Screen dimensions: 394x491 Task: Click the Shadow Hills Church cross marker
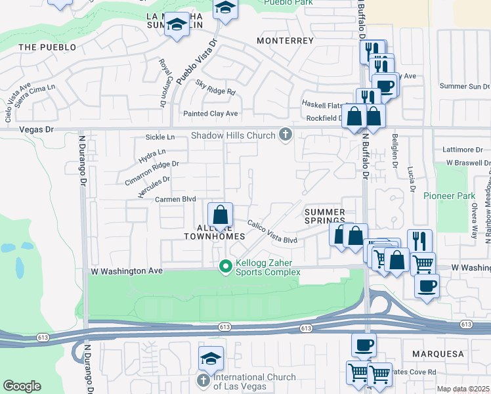285,134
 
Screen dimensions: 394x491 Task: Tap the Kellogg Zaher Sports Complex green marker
225,266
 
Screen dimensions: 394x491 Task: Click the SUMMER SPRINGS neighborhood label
324,217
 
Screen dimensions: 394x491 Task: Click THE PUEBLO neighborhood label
47,47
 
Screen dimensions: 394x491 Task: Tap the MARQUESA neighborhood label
438,354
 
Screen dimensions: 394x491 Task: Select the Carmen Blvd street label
176,199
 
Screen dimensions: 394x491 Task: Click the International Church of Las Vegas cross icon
203,381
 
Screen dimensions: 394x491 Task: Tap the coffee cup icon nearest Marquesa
364,345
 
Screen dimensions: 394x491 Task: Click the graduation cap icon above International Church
211,358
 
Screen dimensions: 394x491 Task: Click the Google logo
22,386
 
